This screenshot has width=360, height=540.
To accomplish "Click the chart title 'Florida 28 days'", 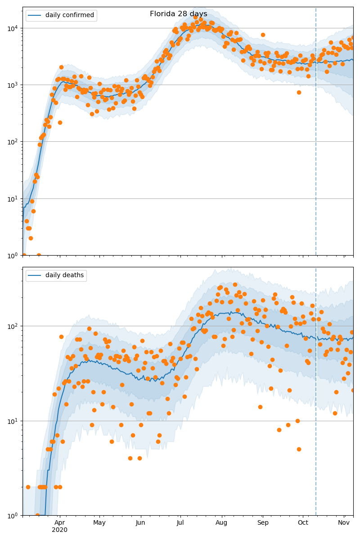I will [179, 14].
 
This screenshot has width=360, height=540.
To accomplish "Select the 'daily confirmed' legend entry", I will [69, 15].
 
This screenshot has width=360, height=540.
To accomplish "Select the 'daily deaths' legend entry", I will [64, 275].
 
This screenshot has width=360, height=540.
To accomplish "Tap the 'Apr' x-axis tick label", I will [60, 522].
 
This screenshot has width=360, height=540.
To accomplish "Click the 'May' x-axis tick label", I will [99, 522].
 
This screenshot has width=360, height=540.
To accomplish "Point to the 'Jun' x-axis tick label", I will [140, 522].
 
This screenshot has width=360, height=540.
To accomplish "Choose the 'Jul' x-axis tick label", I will [180, 522].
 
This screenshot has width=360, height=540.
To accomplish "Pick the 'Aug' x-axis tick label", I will [221, 522].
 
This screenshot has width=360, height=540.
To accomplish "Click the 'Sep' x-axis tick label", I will [263, 522].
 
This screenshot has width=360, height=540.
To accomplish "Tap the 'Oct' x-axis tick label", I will [303, 522].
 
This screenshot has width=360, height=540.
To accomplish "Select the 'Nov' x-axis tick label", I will [344, 522].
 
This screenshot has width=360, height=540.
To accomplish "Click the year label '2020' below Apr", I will [60, 530].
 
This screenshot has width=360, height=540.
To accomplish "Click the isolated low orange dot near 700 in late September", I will [299, 92].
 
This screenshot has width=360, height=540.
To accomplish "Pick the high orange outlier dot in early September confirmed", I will [263, 35].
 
